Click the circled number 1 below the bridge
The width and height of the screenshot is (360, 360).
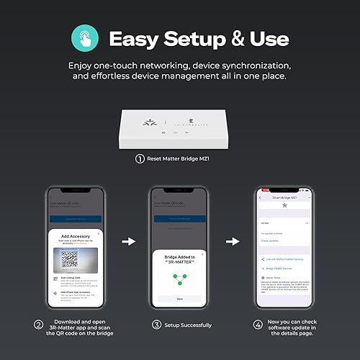[x=140, y=158]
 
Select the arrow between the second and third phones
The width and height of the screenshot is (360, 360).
[x=233, y=242]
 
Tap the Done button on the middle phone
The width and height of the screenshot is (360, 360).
[x=180, y=298]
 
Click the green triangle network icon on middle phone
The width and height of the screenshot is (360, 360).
[x=180, y=274]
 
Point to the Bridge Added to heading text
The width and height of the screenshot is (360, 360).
[x=180, y=256]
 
